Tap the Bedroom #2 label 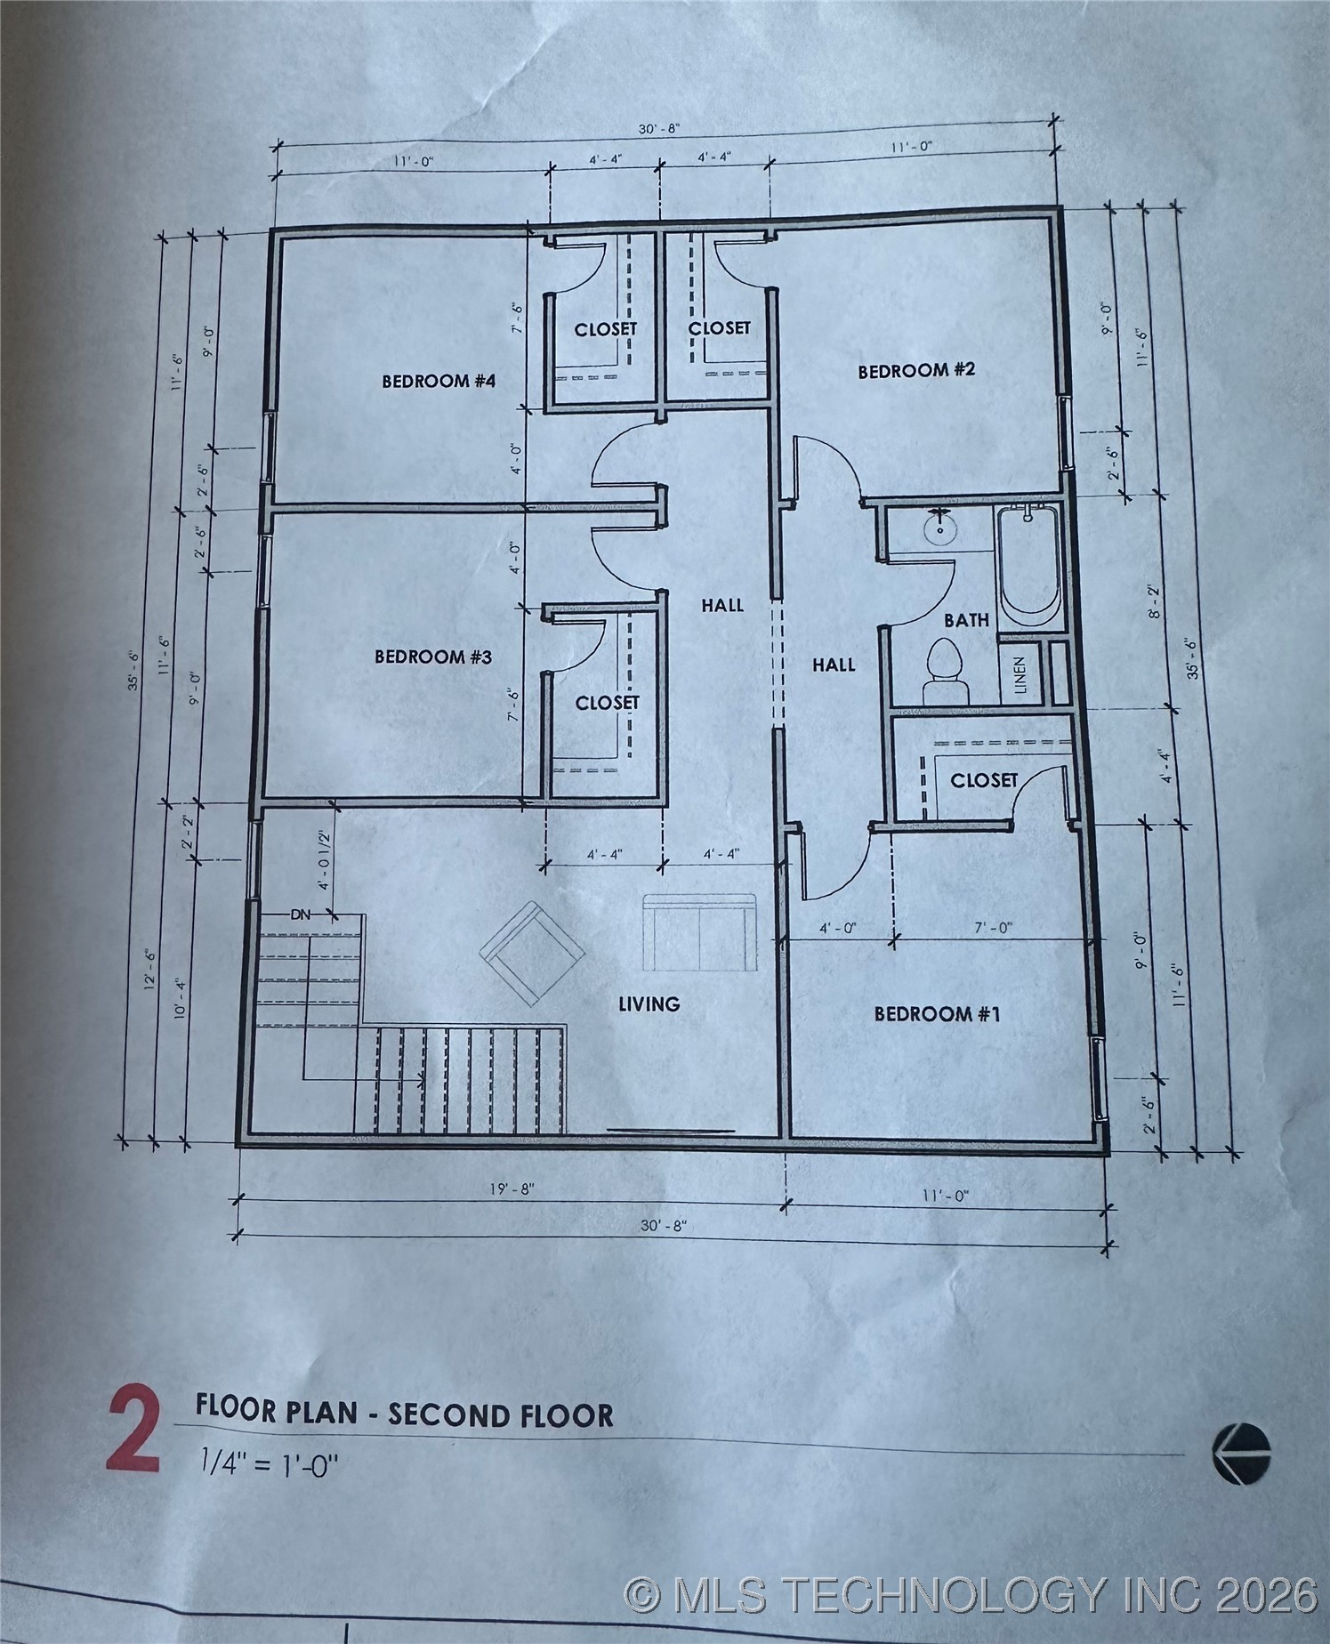click(x=916, y=370)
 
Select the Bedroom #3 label click(x=432, y=657)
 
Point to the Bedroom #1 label click(x=937, y=1014)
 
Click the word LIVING click(x=649, y=1004)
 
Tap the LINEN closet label click(x=1020, y=675)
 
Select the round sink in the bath click(x=939, y=530)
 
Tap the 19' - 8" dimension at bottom click(x=512, y=1189)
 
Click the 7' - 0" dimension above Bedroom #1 click(x=992, y=927)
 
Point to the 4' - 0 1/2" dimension click(x=325, y=859)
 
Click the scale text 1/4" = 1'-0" click(x=270, y=1461)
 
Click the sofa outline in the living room click(x=699, y=933)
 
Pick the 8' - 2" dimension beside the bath click(x=1154, y=602)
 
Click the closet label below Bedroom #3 click(x=607, y=703)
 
